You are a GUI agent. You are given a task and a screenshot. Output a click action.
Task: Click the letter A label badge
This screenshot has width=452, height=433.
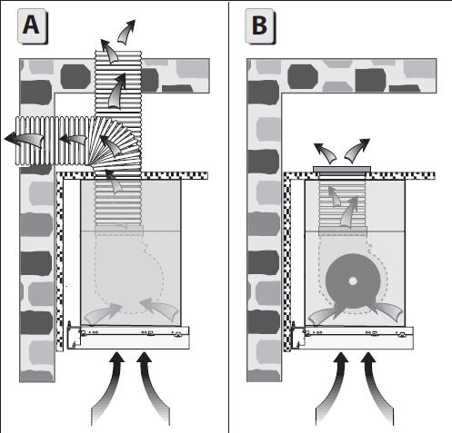click(33, 26)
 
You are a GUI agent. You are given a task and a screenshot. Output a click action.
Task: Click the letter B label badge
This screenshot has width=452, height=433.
click(260, 26)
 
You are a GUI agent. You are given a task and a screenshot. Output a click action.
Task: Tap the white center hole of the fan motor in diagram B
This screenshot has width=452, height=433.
click(353, 281)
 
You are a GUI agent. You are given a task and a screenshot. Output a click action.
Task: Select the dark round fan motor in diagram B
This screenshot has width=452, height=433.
click(353, 281)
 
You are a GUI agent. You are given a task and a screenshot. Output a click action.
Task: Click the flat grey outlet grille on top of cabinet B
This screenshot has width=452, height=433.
click(342, 169)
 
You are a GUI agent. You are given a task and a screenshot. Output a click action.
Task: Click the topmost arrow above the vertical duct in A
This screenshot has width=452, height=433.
click(126, 32)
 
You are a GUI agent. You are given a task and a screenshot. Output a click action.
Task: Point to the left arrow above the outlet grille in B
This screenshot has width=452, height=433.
click(326, 153)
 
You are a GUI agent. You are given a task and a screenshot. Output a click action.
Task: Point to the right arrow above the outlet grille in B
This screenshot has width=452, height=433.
click(357, 151)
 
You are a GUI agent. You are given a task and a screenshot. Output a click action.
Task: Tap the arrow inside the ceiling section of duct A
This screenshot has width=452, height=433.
click(117, 91)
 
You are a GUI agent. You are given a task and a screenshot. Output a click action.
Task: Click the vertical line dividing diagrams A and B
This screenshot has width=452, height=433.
click(228, 216)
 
